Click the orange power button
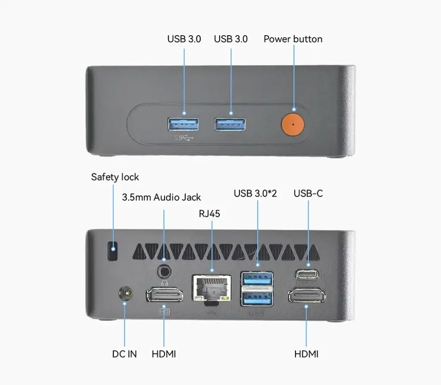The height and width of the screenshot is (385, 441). coord(293,124)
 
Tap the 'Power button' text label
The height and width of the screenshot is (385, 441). coord(293,39)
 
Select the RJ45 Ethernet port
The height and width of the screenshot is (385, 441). coord(212,288)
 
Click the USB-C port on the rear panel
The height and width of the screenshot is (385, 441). coord(307,274)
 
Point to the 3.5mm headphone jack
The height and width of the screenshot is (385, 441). coord(164,272)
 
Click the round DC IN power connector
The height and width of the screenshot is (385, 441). coord(126,293)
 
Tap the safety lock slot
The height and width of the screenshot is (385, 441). coord(113,251)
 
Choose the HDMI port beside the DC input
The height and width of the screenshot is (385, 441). coord(164,295)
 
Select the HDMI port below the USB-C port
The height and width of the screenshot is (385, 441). coord(307,296)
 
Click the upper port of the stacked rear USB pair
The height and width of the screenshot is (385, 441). coord(257,279)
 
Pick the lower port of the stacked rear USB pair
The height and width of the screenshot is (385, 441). coord(257,299)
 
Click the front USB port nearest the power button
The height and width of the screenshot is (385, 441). coord(230,124)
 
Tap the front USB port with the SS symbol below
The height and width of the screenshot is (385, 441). coord(183,124)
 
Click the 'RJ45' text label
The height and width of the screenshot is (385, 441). coord(209,214)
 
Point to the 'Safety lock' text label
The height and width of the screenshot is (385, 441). coord(115,177)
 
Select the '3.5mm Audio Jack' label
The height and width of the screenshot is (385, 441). coord(161,197)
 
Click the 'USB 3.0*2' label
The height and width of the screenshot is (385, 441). coord(255,193)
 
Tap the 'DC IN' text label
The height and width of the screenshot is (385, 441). coord(124,354)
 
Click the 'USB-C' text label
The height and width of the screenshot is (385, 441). coord(308,193)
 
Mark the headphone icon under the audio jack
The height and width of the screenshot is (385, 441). coord(165,283)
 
